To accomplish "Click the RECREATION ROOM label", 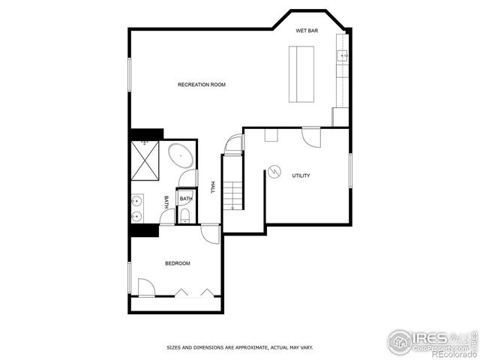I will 201,85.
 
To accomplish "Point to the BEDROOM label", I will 177,263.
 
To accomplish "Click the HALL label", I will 213,187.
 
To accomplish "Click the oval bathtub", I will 181,157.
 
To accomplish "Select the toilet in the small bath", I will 184,216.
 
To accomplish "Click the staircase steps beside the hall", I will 232,191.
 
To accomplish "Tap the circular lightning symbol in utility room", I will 274,172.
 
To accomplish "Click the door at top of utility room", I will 311,137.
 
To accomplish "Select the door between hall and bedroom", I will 211,233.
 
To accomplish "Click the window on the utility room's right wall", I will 349,170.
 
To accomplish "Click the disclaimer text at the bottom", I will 239,347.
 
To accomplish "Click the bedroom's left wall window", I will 130,277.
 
